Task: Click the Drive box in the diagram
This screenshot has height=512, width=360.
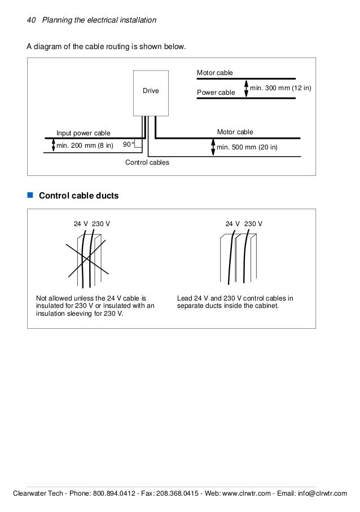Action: click(x=151, y=91)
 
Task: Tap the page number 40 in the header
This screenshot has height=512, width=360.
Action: click(x=31, y=20)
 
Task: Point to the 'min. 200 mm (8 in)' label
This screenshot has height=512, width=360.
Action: click(x=85, y=146)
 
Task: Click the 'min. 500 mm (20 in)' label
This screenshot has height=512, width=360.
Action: click(x=247, y=147)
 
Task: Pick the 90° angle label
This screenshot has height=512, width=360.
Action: click(x=129, y=145)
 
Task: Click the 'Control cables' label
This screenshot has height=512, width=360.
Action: click(x=147, y=162)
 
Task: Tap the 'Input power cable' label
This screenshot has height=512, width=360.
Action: click(x=84, y=133)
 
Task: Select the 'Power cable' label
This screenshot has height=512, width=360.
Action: click(x=216, y=92)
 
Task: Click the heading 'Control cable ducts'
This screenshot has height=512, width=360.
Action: click(x=78, y=196)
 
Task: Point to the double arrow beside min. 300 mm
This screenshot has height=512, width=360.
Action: click(x=245, y=88)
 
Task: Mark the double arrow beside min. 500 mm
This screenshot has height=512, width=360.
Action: click(x=212, y=147)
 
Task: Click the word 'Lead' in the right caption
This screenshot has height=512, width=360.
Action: click(x=185, y=298)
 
